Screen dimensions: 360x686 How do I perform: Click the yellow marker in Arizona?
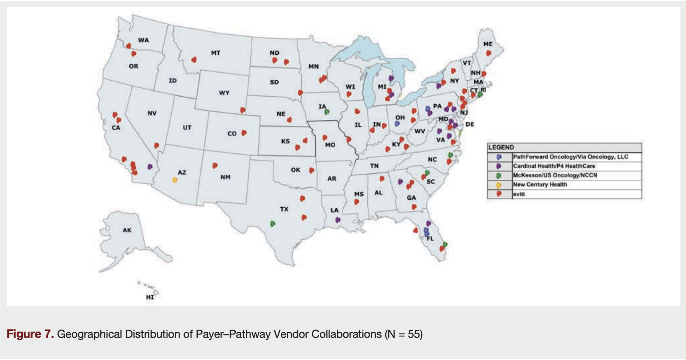(175, 180)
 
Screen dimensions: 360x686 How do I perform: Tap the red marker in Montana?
(194, 60)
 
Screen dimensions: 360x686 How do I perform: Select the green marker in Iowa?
(326, 112)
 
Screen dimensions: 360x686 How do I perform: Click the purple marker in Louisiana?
(338, 220)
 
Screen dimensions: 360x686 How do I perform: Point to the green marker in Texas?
(272, 224)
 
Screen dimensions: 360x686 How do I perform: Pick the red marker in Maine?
(488, 53)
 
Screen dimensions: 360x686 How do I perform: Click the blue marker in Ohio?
(397, 123)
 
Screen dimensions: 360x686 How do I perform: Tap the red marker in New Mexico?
(215, 165)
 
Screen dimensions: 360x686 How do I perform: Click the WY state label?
(224, 93)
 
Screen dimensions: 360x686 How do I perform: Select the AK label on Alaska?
(127, 230)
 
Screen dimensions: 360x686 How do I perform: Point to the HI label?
(150, 297)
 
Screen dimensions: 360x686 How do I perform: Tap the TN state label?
(374, 166)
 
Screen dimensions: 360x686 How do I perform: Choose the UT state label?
(187, 127)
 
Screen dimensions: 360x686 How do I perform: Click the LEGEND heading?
(501, 147)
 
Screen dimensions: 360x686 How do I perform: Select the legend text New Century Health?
(540, 184)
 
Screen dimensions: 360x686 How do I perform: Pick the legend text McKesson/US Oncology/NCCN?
(555, 175)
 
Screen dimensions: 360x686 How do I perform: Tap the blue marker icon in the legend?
(499, 157)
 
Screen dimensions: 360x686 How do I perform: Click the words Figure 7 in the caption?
(30, 334)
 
